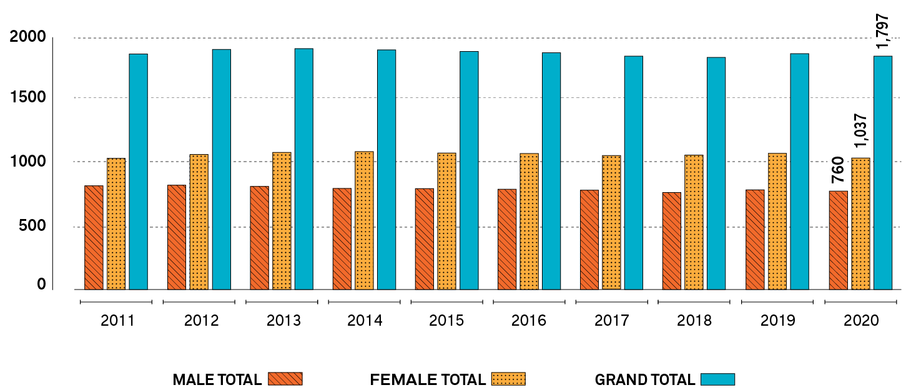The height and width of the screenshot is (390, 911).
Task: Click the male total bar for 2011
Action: (94, 238)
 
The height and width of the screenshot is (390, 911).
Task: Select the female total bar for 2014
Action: (364, 220)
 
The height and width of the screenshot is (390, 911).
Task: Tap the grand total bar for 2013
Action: (303, 169)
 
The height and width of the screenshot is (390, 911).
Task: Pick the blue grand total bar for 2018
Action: (716, 173)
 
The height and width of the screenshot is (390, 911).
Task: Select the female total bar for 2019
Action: (777, 222)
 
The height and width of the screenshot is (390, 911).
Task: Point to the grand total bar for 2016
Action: (551, 171)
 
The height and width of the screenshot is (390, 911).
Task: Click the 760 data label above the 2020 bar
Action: (837, 170)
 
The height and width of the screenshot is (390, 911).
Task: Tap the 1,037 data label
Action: (861, 131)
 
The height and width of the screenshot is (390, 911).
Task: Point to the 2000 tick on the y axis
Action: (28, 37)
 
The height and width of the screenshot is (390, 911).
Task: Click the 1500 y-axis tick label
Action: (28, 98)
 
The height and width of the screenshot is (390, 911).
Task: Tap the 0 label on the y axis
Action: (41, 285)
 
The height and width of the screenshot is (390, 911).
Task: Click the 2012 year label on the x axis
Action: (202, 321)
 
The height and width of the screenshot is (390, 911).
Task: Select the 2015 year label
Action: (446, 321)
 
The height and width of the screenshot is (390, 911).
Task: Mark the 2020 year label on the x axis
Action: (861, 321)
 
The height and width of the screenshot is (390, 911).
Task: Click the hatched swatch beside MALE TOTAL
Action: (285, 379)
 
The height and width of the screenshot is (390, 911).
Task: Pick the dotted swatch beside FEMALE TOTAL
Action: (508, 379)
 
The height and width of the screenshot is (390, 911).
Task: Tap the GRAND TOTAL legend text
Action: (644, 379)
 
